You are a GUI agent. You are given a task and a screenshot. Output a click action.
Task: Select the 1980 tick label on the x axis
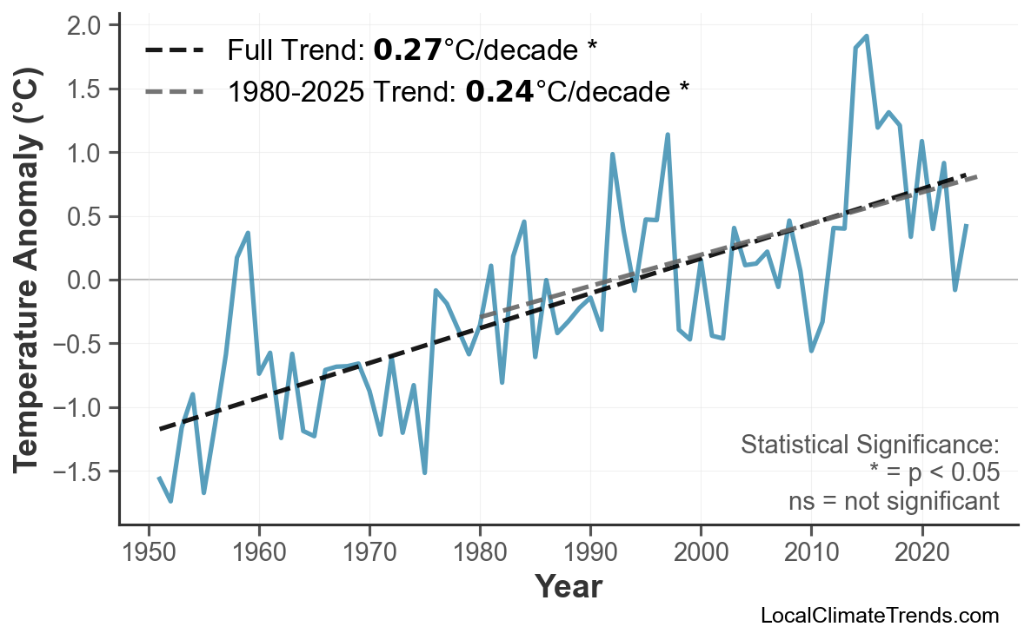click(x=480, y=552)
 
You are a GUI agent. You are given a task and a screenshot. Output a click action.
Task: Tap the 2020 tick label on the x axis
click(x=921, y=552)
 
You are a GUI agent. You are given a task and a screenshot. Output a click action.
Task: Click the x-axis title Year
click(x=568, y=587)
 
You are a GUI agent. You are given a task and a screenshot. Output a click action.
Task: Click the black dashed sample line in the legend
click(x=174, y=50)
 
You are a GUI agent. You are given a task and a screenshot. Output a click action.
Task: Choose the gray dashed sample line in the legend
click(x=174, y=90)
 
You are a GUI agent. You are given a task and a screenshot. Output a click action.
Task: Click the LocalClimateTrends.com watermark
click(x=879, y=616)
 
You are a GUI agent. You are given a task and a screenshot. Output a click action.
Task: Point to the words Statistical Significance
click(x=869, y=445)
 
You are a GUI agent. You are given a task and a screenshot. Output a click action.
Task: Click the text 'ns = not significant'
click(x=893, y=501)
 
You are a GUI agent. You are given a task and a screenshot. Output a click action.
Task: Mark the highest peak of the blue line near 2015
click(x=867, y=36)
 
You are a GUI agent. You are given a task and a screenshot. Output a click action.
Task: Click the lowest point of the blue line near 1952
click(x=170, y=501)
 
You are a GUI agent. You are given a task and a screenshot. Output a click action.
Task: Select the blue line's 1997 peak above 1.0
click(x=668, y=135)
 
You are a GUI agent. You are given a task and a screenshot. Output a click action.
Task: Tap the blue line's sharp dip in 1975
click(x=424, y=472)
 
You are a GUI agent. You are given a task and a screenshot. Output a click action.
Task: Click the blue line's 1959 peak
click(x=248, y=233)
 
